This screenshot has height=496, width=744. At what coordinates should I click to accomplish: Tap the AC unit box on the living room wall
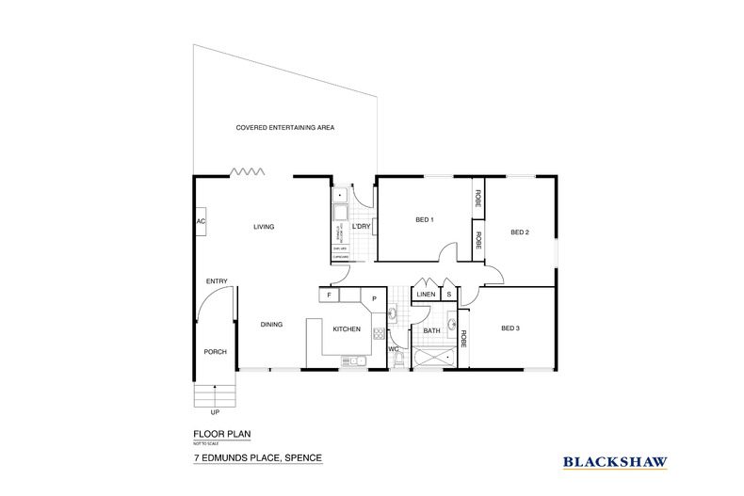tap(201, 221)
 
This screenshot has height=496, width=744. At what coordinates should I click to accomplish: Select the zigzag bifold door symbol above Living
tap(248, 171)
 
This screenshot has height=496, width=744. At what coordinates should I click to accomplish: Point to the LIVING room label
tap(263, 227)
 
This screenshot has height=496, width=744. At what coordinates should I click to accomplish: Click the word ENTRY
tap(217, 280)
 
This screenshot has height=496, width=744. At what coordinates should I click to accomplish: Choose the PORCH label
tap(216, 352)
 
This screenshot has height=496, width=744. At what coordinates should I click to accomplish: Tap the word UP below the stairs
tap(216, 412)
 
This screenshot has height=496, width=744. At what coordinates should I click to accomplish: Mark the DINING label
tap(271, 325)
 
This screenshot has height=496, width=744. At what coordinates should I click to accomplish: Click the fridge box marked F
tap(330, 295)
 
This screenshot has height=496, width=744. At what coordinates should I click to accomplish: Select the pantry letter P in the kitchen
tap(374, 299)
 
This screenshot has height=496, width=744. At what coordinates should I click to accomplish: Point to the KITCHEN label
tap(347, 329)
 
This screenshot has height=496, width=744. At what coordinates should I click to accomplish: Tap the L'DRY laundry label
tap(360, 227)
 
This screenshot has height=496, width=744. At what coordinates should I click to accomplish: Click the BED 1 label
tap(424, 220)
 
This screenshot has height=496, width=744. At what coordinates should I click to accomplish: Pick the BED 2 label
tap(520, 232)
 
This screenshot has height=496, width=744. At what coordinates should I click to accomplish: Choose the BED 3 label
tap(509, 328)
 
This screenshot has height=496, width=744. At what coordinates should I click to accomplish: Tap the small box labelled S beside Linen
tap(449, 295)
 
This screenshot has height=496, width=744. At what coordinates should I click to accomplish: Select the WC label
tap(393, 349)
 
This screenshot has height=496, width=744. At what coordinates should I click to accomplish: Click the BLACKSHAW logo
tap(615, 461)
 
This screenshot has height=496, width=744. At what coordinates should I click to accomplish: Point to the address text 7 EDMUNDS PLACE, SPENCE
tap(257, 458)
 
